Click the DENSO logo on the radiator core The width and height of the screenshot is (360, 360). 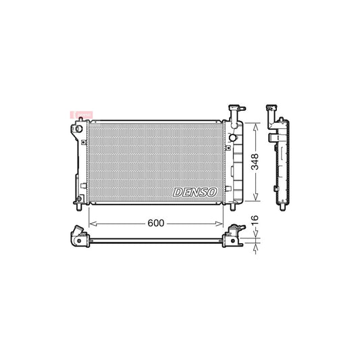coord(195,192)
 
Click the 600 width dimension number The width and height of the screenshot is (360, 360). coord(155,222)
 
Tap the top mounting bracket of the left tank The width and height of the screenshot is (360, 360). coord(78,127)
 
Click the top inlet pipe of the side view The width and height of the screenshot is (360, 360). coord(273,109)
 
